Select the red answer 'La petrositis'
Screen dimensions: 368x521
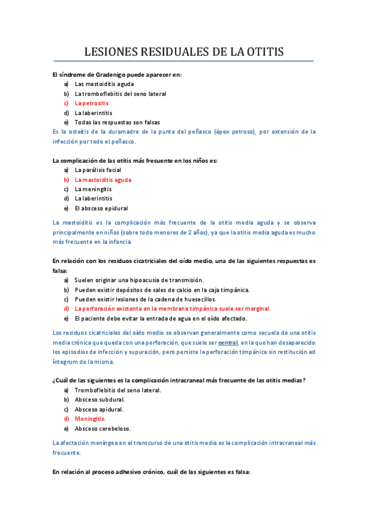(92, 103)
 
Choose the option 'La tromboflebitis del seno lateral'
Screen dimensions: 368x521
(120, 94)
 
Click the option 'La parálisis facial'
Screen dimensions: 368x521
(98, 170)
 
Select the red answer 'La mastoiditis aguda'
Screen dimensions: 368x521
(103, 179)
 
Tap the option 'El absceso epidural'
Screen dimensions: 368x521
(101, 208)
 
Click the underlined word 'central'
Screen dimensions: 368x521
(228, 342)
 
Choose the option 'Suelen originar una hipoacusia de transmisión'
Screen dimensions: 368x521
(153, 280)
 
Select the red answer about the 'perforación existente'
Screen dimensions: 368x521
(172, 308)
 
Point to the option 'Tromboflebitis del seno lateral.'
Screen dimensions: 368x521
(117, 390)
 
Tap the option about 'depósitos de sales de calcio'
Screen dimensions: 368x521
(162, 289)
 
